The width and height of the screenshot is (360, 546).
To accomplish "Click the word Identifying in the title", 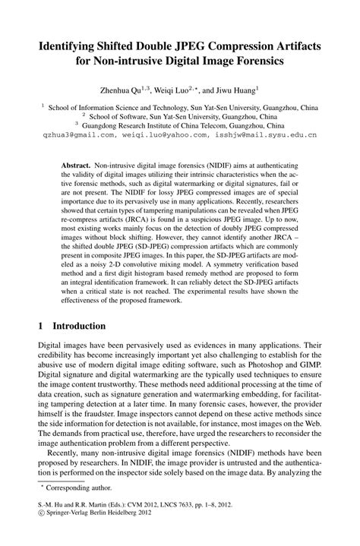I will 71,47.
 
